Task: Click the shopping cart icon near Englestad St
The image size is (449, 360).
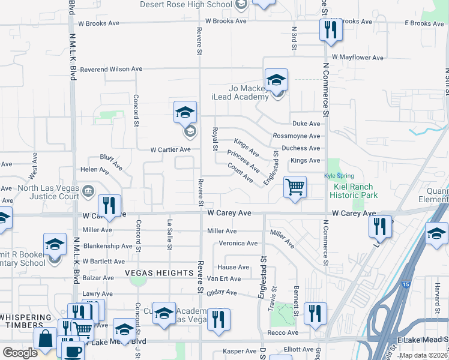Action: coord(295,187)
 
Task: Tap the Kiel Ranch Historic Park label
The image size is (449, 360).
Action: coord(355,191)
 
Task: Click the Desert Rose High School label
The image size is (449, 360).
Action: coord(185,4)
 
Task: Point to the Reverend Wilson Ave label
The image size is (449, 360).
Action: coord(105,69)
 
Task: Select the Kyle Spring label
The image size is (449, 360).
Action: coord(334,176)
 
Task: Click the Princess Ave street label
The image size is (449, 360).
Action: coord(243,160)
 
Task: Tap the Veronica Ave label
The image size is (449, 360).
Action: coord(238,243)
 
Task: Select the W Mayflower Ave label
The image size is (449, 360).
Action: coord(352,58)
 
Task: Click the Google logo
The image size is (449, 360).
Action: coord(20,353)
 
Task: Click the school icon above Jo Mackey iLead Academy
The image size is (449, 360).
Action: coord(276,79)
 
